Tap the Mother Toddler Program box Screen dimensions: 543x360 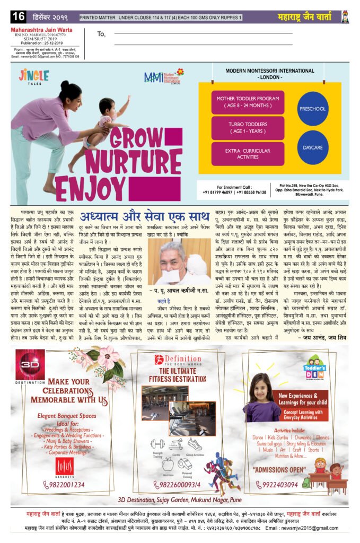[x=240, y=101]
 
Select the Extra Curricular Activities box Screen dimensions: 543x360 [x=240, y=154]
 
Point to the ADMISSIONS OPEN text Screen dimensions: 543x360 [x=279, y=470]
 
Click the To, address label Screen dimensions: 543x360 [x=102, y=34]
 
